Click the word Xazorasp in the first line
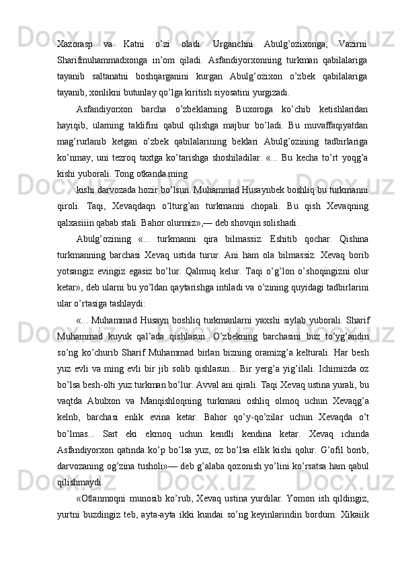click(75, 44)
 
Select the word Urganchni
click(233, 44)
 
